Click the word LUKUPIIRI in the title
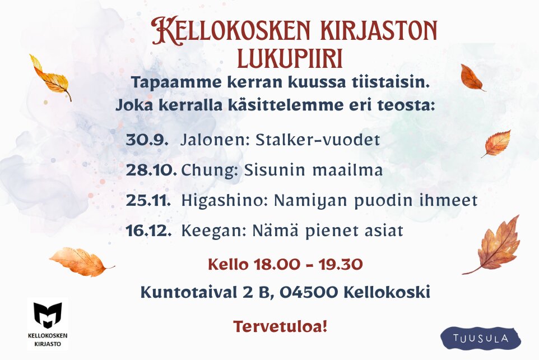point(290,58)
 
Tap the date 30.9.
point(147,140)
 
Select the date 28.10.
point(151,170)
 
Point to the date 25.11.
point(148,200)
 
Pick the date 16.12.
point(148,230)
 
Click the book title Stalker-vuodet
point(318,140)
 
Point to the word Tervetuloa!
point(280,326)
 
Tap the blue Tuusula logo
point(481,338)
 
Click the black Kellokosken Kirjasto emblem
point(48,316)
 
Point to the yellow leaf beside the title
point(50,77)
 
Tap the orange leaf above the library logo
point(80,261)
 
